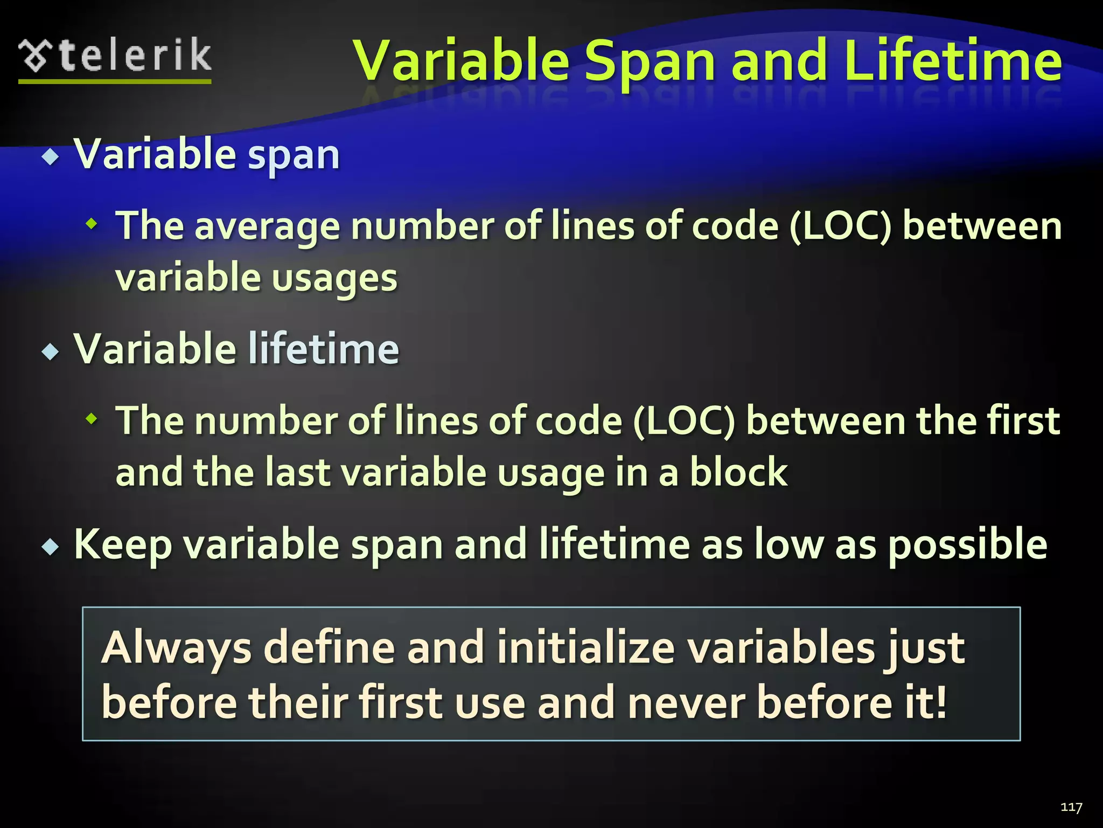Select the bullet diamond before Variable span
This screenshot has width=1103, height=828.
(51, 157)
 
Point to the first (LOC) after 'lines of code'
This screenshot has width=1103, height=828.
(840, 226)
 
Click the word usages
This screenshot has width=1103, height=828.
(334, 279)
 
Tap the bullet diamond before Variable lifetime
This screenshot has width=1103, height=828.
(51, 352)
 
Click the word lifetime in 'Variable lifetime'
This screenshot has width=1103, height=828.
(323, 349)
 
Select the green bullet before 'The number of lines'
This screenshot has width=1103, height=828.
(92, 418)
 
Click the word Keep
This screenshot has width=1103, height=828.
(123, 545)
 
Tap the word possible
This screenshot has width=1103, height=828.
(967, 545)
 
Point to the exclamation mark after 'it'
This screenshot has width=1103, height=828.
(940, 702)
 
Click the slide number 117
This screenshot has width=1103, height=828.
(1071, 807)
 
